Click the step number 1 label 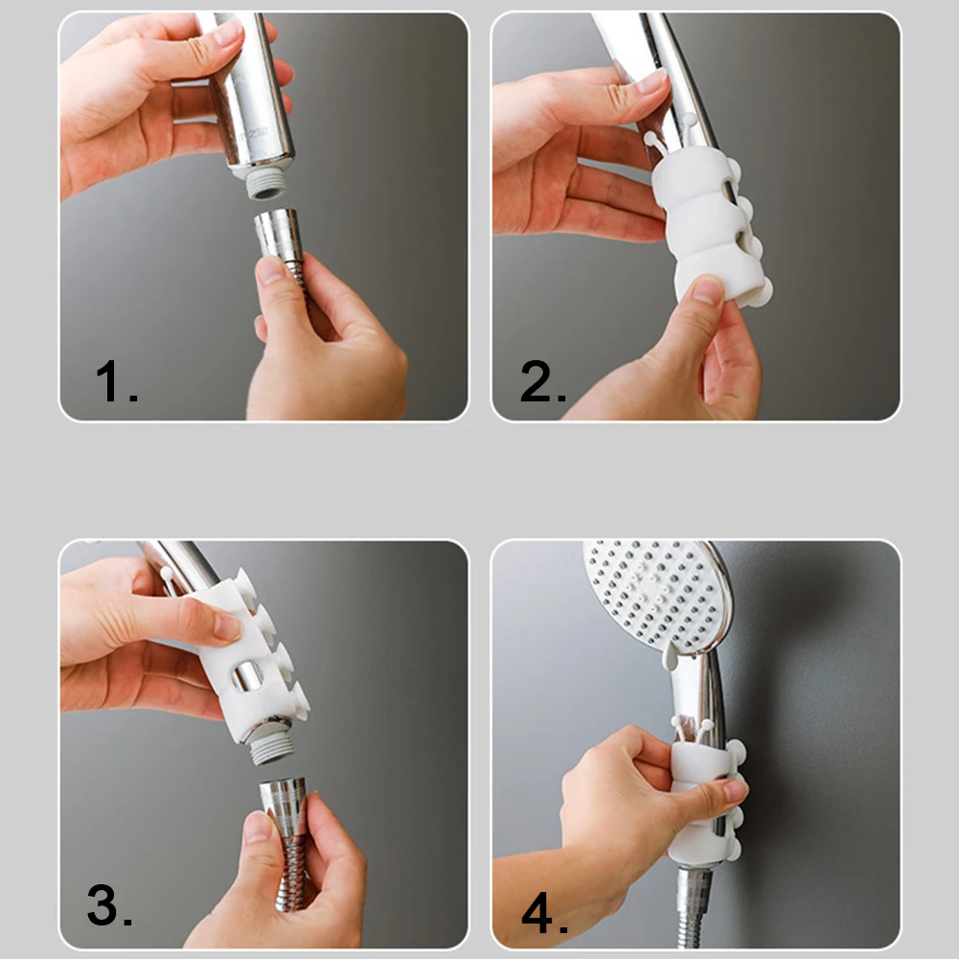point(117,381)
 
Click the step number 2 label point(543,381)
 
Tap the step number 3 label point(110,905)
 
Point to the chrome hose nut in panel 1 point(278,236)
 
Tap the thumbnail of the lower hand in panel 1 point(271,270)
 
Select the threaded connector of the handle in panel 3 point(270,746)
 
